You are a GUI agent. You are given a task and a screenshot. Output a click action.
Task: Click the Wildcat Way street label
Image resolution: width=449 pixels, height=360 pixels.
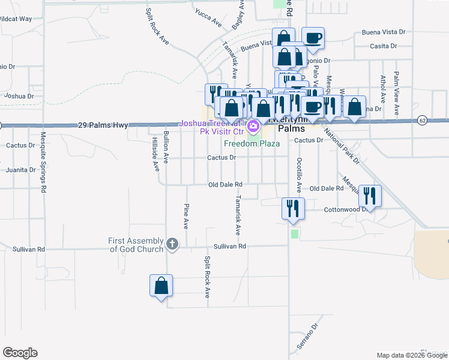pyautogui.click(x=16, y=19)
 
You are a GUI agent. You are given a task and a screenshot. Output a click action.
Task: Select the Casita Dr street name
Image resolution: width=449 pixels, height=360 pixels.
pyautogui.click(x=384, y=46)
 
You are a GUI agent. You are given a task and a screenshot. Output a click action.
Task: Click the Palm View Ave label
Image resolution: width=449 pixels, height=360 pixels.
pyautogui.click(x=396, y=94)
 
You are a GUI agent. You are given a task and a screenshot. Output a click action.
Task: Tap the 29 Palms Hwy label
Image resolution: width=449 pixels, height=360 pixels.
pyautogui.click(x=103, y=125)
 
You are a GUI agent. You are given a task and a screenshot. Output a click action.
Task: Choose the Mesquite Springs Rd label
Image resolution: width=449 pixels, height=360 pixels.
pyautogui.click(x=43, y=162)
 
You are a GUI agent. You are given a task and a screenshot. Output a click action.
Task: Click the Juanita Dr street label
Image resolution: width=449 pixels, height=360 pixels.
pyautogui.click(x=21, y=170)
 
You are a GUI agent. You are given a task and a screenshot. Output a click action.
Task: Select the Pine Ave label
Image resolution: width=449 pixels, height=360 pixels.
pyautogui.click(x=186, y=215)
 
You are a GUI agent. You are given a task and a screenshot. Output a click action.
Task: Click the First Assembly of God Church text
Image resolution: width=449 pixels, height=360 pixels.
pyautogui.click(x=136, y=245)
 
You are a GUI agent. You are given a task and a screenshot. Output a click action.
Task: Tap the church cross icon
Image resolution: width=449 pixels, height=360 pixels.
pyautogui.click(x=172, y=244)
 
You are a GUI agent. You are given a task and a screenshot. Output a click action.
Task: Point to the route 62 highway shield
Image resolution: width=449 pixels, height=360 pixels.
pyautogui.click(x=423, y=120)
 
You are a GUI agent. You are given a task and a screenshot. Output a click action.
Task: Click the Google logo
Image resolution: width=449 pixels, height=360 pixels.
pyautogui.click(x=20, y=353)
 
